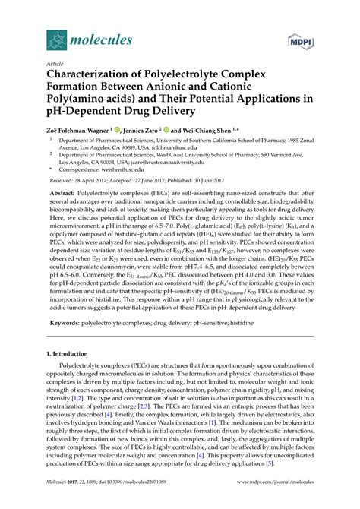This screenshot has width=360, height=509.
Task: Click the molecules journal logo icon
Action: pyautogui.click(x=55, y=39)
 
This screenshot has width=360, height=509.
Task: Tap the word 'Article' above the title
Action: pyautogui.click(x=55, y=64)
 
